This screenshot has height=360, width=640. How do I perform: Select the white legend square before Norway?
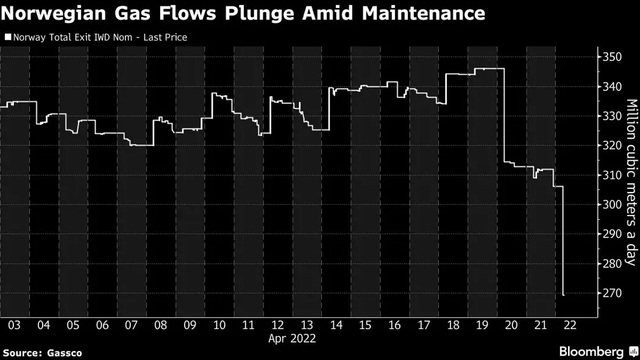[x=7, y=38]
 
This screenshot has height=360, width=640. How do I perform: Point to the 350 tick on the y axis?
[x=611, y=57]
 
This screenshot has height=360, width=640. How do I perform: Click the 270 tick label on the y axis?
[x=611, y=293]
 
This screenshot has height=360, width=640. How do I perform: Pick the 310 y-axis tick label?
[x=611, y=175]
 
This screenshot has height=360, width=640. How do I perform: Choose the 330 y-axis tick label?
[x=611, y=116]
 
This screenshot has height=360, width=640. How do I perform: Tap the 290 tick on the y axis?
[x=611, y=234]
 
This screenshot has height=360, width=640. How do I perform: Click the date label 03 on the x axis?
[x=14, y=325]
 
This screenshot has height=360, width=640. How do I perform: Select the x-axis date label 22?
[x=571, y=325]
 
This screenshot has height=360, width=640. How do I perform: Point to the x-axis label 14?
[x=336, y=325]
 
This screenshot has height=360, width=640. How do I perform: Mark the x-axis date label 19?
[x=482, y=325]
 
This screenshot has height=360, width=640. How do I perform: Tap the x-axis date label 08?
[x=160, y=325]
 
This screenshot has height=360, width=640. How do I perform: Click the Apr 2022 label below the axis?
[x=292, y=339]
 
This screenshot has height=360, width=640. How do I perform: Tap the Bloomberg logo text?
[x=591, y=351]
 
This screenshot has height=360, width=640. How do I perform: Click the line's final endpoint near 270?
[x=563, y=295]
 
